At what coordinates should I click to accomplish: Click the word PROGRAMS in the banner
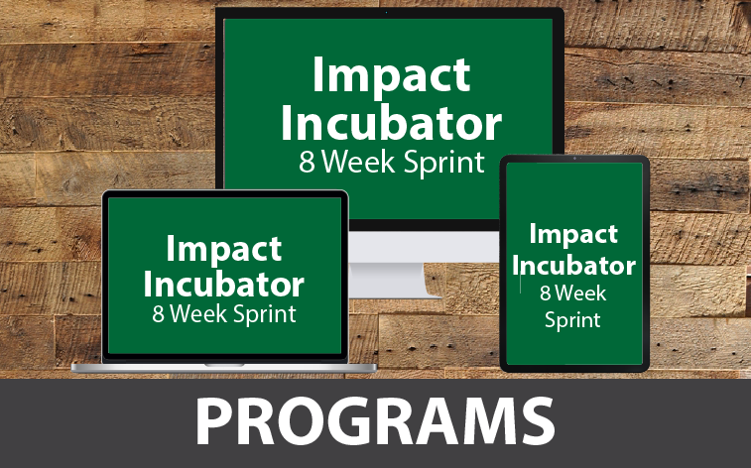pyautogui.click(x=375, y=421)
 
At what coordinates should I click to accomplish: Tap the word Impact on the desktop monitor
pyautogui.click(x=392, y=75)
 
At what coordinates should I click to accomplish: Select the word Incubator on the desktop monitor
pyautogui.click(x=391, y=123)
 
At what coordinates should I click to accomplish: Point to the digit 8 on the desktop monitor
pyautogui.click(x=307, y=162)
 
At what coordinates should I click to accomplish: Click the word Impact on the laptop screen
pyautogui.click(x=223, y=249)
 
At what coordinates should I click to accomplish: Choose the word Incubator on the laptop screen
pyautogui.click(x=223, y=285)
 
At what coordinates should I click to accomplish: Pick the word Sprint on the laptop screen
pyautogui.click(x=264, y=315)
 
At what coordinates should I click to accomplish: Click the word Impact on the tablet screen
pyautogui.click(x=573, y=234)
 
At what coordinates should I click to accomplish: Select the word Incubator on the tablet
pyautogui.click(x=573, y=266)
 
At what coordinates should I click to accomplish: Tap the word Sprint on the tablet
pyautogui.click(x=572, y=320)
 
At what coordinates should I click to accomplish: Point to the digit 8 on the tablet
pyautogui.click(x=545, y=293)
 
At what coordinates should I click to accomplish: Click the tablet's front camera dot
pyautogui.click(x=574, y=159)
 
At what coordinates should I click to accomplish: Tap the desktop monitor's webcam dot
pyautogui.click(x=387, y=12)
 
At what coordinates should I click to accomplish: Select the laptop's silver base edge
pyautogui.click(x=223, y=368)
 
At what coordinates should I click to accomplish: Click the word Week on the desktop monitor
pyautogui.click(x=358, y=162)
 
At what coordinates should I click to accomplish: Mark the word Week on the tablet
pyautogui.click(x=580, y=293)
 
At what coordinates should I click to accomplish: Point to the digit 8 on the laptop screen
pyautogui.click(x=158, y=314)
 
